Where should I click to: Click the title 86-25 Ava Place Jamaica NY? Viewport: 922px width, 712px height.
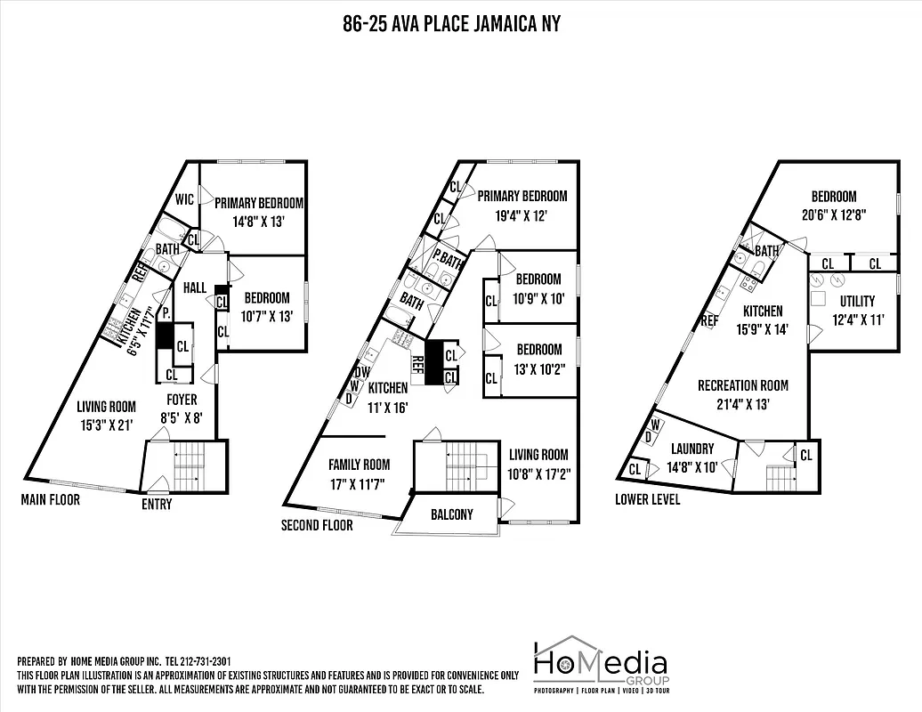[x=451, y=24]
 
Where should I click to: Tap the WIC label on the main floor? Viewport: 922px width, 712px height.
[x=185, y=199]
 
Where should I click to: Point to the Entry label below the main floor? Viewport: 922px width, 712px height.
[x=157, y=505]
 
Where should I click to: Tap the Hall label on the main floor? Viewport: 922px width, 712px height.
[x=196, y=289]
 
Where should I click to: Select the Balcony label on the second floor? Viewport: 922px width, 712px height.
[x=451, y=514]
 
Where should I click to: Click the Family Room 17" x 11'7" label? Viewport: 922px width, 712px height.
[x=359, y=473]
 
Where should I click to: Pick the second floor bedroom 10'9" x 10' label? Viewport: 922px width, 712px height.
[x=538, y=289]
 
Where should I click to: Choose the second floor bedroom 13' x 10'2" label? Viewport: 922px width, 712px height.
[x=538, y=358]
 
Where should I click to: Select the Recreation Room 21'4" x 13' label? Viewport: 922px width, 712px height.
[x=743, y=394]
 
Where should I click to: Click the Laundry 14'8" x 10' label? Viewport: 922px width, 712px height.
[x=692, y=457]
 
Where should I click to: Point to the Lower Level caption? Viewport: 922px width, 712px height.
[x=647, y=499]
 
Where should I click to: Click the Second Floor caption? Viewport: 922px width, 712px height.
[x=317, y=525]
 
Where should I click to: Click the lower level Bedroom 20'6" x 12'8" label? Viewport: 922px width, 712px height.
[x=833, y=205]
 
